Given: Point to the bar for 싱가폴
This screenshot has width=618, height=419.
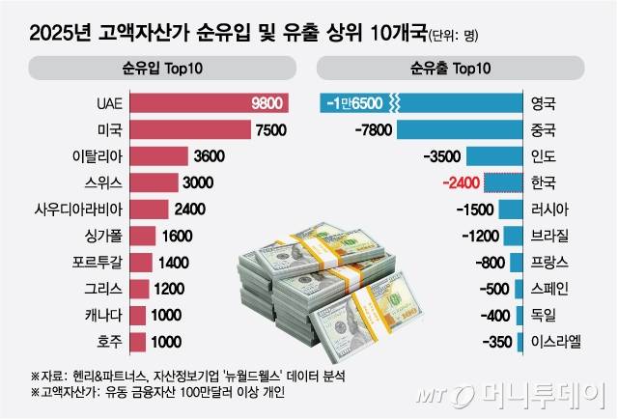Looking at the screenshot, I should point(142,236).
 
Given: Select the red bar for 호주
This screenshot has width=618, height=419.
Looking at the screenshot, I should point(137,341).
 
